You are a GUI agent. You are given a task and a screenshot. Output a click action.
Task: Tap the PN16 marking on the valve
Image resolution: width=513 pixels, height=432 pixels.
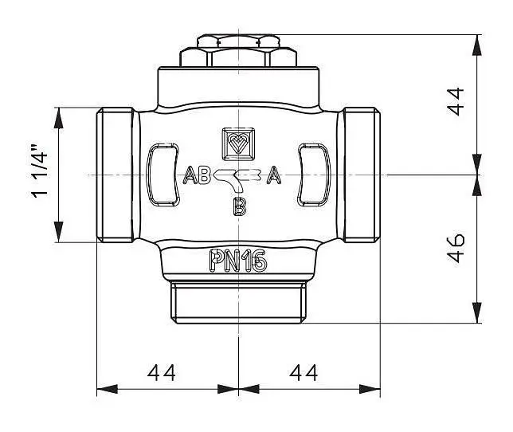(238, 261)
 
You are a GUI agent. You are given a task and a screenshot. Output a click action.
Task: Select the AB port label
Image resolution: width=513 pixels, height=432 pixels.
(196, 175)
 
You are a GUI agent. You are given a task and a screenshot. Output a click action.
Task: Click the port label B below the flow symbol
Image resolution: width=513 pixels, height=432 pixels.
(240, 206)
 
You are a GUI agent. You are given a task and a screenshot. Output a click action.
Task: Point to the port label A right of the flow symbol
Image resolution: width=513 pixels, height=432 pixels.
(274, 175)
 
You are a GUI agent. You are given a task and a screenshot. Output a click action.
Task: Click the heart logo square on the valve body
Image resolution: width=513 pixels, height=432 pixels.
(238, 144)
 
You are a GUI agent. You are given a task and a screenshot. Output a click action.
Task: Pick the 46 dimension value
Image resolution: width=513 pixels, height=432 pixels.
(456, 249)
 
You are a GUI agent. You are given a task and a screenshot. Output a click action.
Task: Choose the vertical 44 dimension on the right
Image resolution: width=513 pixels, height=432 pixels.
(456, 101)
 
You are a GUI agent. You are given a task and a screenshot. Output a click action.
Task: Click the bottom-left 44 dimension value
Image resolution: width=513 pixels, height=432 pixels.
(161, 373)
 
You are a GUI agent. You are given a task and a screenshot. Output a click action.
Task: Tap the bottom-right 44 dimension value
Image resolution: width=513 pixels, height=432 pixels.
(303, 373)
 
